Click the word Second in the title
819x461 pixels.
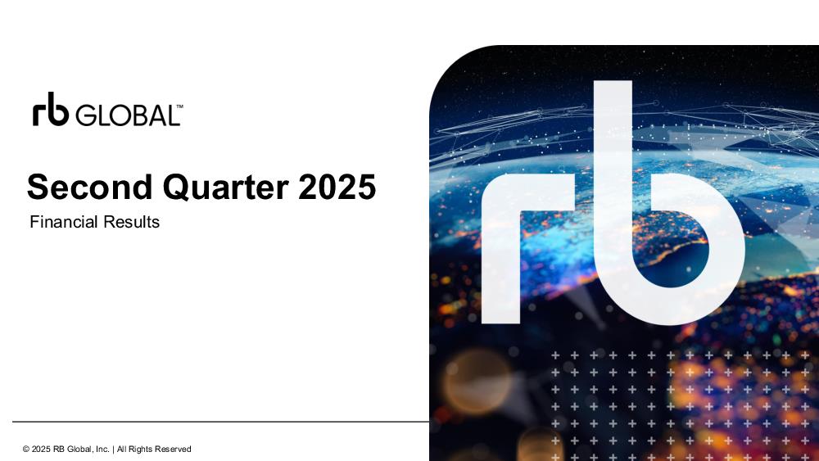point(90,187)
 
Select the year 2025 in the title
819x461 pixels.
point(337,187)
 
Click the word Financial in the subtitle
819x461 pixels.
point(64,222)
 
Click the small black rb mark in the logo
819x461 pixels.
point(51,109)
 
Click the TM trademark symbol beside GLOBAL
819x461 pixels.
point(179,106)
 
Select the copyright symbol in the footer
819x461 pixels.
point(25,449)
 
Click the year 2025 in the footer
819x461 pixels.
point(41,449)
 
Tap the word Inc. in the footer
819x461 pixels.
point(102,449)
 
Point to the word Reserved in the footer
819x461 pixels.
point(173,449)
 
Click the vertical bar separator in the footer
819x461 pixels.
point(113,449)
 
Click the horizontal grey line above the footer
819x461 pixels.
point(221,422)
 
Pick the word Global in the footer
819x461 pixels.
point(80,449)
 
